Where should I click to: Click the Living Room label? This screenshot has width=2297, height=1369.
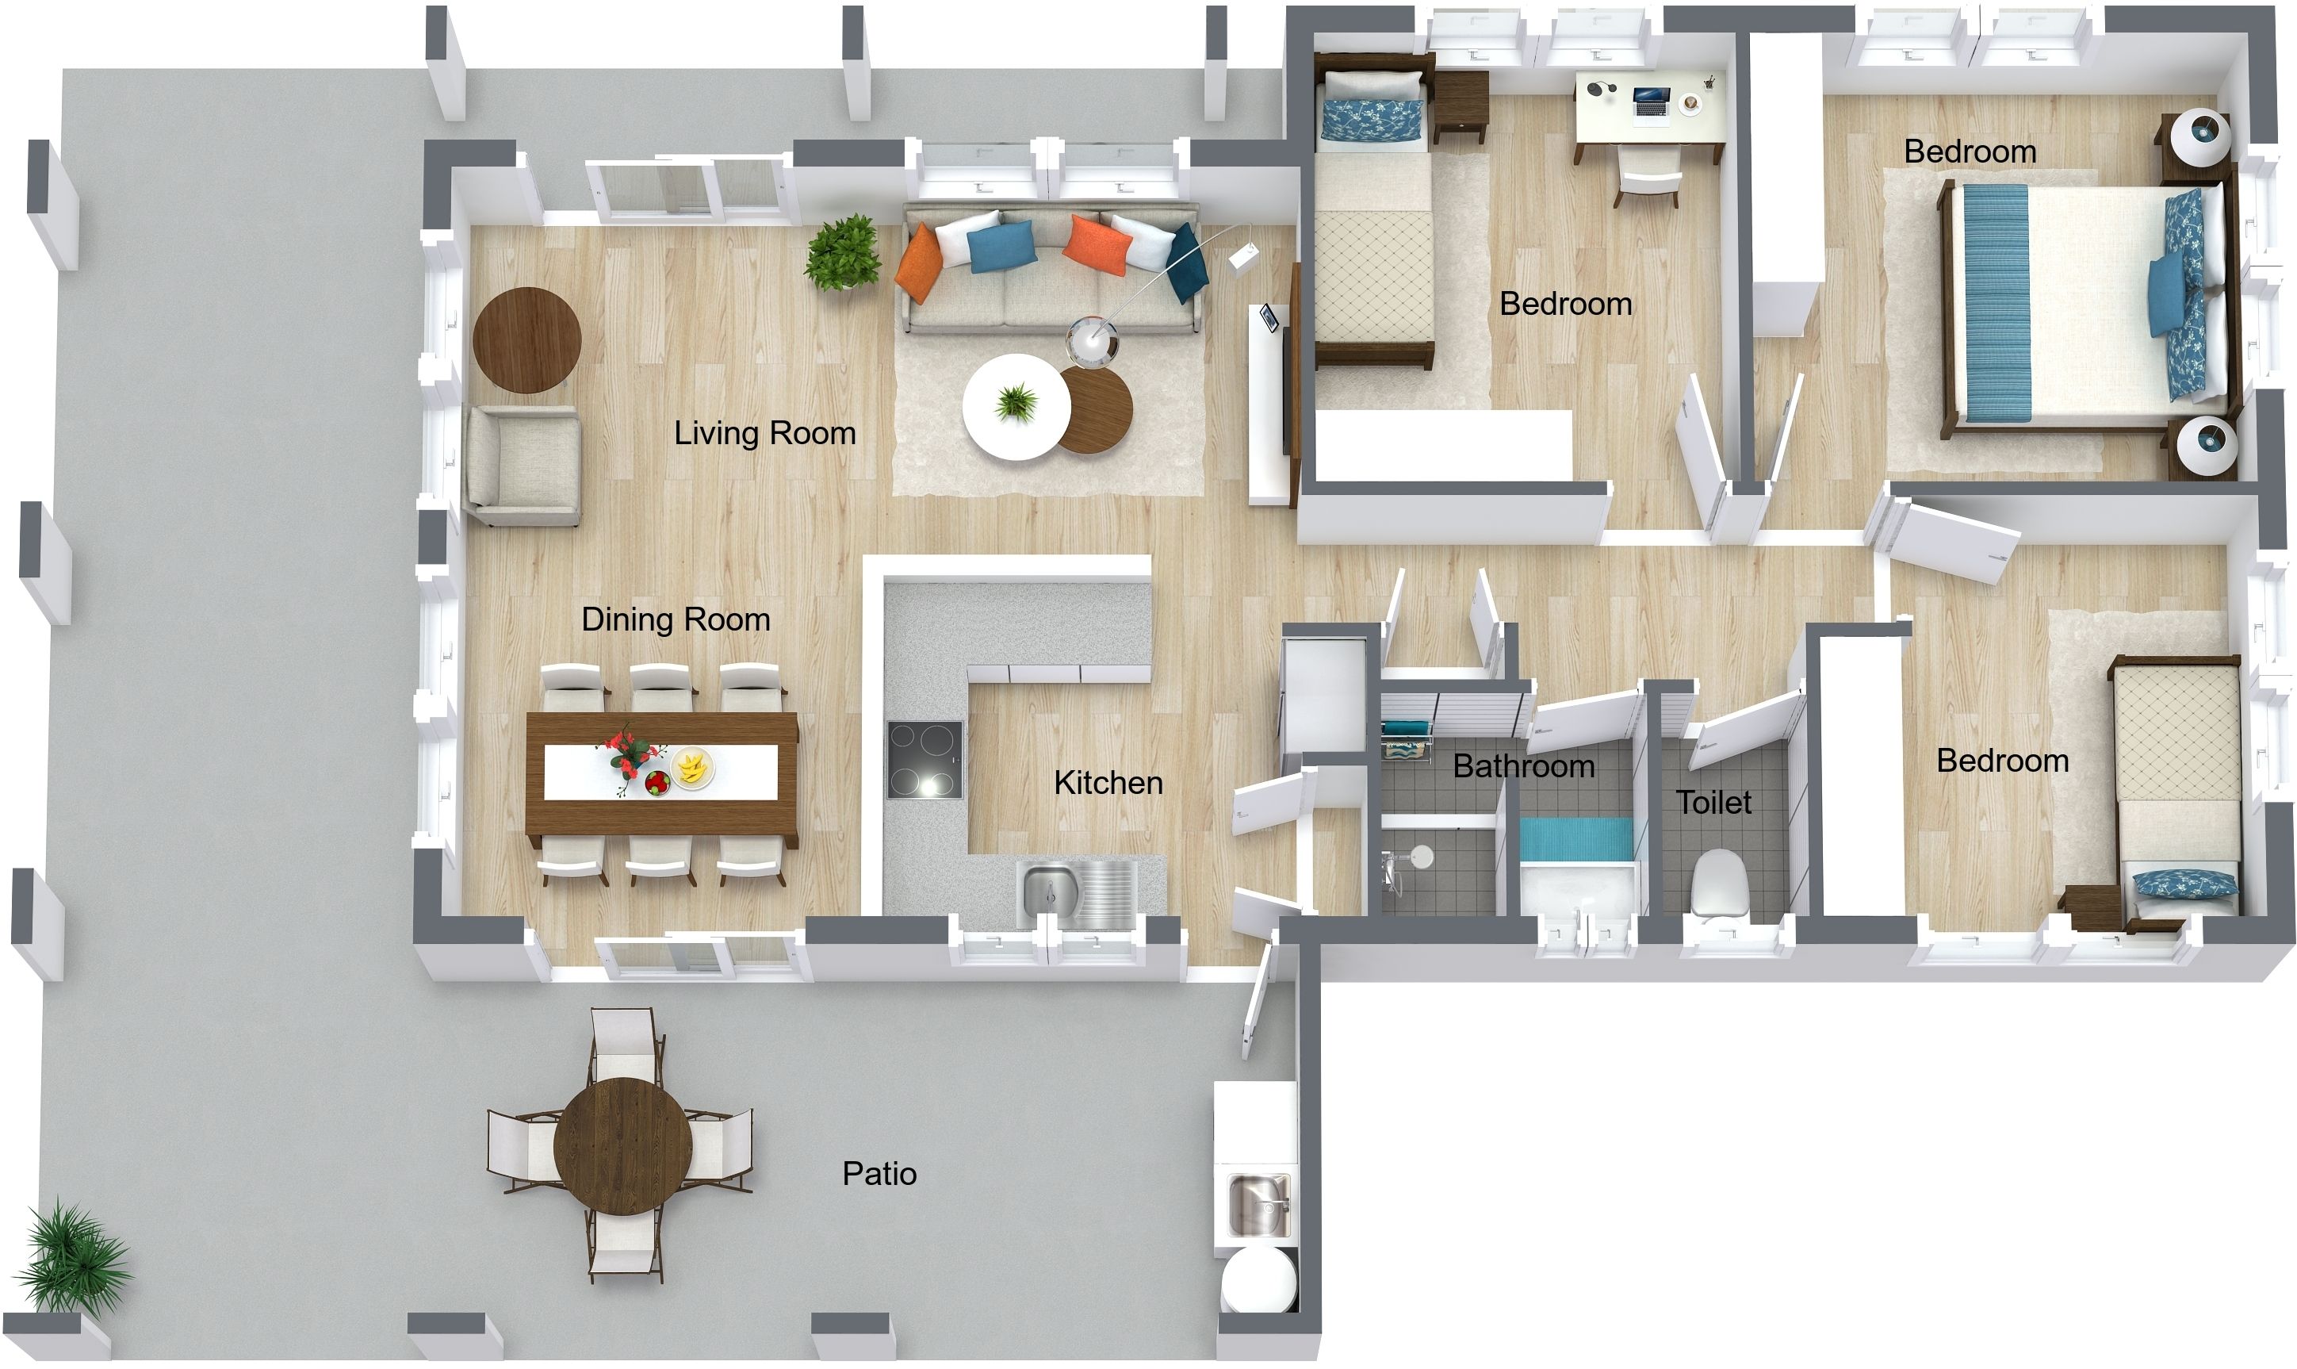pos(764,432)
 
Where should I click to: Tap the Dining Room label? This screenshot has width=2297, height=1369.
pos(675,619)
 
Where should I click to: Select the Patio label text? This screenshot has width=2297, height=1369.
pos(879,1173)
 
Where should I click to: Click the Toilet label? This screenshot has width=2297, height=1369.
pos(1713,802)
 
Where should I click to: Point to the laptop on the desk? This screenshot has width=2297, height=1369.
pos(1650,101)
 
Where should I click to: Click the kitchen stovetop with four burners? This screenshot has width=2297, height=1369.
pos(924,759)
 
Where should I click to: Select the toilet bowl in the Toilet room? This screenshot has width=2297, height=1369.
pos(1719,882)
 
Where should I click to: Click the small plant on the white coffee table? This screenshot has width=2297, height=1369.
pos(1016,402)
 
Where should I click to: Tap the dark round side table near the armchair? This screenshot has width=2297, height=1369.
pos(526,339)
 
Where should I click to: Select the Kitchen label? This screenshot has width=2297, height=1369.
pos(1108,782)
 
